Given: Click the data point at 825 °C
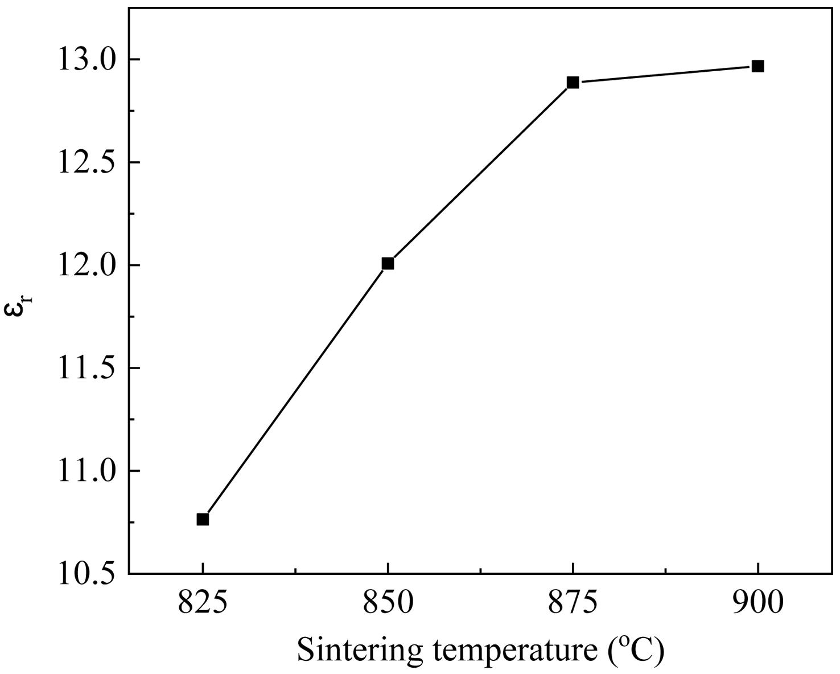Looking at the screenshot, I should (203, 519).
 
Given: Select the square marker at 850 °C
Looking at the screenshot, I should (388, 263).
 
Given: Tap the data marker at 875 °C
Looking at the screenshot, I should (573, 83).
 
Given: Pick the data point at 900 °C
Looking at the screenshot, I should (757, 66).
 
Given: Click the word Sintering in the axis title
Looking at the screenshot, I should (359, 651).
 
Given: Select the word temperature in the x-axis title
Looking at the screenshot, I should (512, 651).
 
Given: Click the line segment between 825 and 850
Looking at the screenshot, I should (295, 391).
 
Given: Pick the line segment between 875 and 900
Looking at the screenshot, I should (665, 75).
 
